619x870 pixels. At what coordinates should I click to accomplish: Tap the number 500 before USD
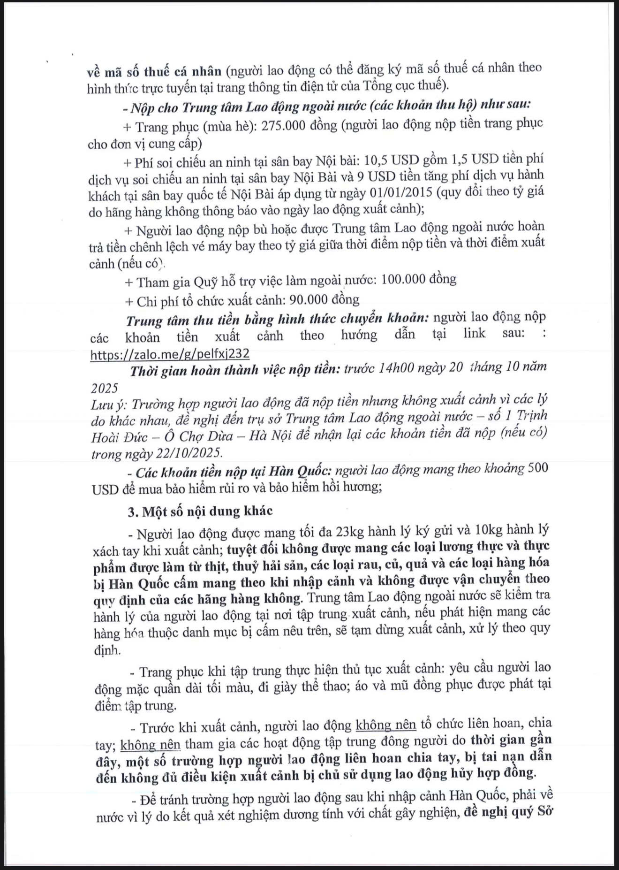click(538, 468)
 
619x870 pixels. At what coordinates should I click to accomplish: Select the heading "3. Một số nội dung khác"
click(200, 511)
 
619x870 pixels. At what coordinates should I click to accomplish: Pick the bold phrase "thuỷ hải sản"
click(262, 565)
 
